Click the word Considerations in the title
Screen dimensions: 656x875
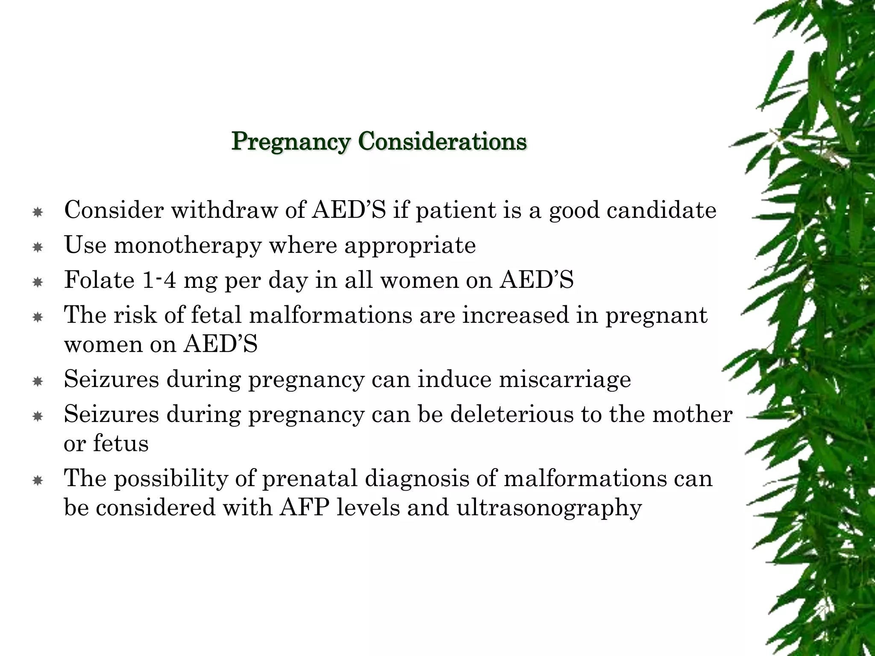[x=443, y=141]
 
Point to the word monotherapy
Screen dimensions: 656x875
[x=187, y=246]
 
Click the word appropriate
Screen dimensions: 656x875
[x=410, y=246]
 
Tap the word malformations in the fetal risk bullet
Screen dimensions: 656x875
[x=330, y=315]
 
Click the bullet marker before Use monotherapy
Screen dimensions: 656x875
[x=38, y=247]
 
